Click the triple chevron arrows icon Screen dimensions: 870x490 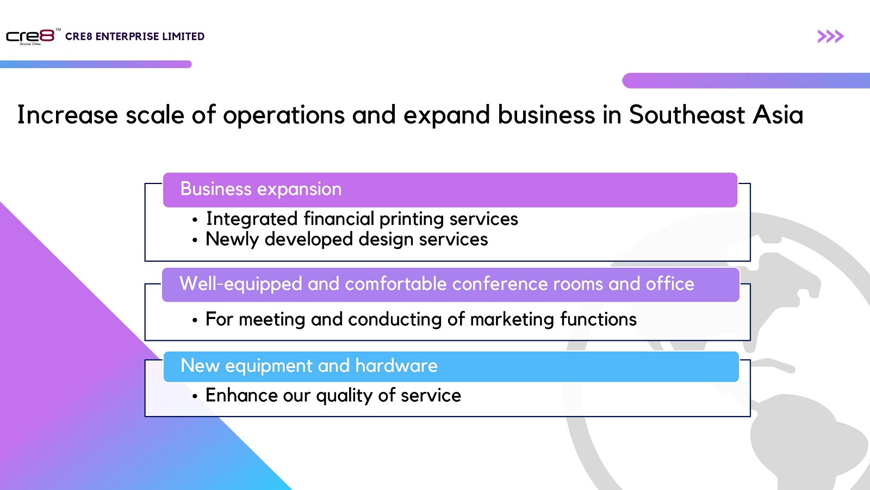830,36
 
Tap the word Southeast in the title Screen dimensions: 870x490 687,115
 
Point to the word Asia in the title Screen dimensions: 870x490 778,115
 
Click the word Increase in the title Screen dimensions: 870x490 67,115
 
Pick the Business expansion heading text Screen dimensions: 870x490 261,189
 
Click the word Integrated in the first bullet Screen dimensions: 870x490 252,219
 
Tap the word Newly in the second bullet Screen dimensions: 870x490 232,240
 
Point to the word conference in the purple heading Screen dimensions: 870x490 500,284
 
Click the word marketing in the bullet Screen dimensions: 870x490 512,320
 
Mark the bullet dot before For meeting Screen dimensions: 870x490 195,321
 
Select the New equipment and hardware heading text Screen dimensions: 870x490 309,366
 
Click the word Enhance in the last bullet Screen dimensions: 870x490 241,395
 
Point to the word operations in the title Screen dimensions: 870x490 284,115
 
